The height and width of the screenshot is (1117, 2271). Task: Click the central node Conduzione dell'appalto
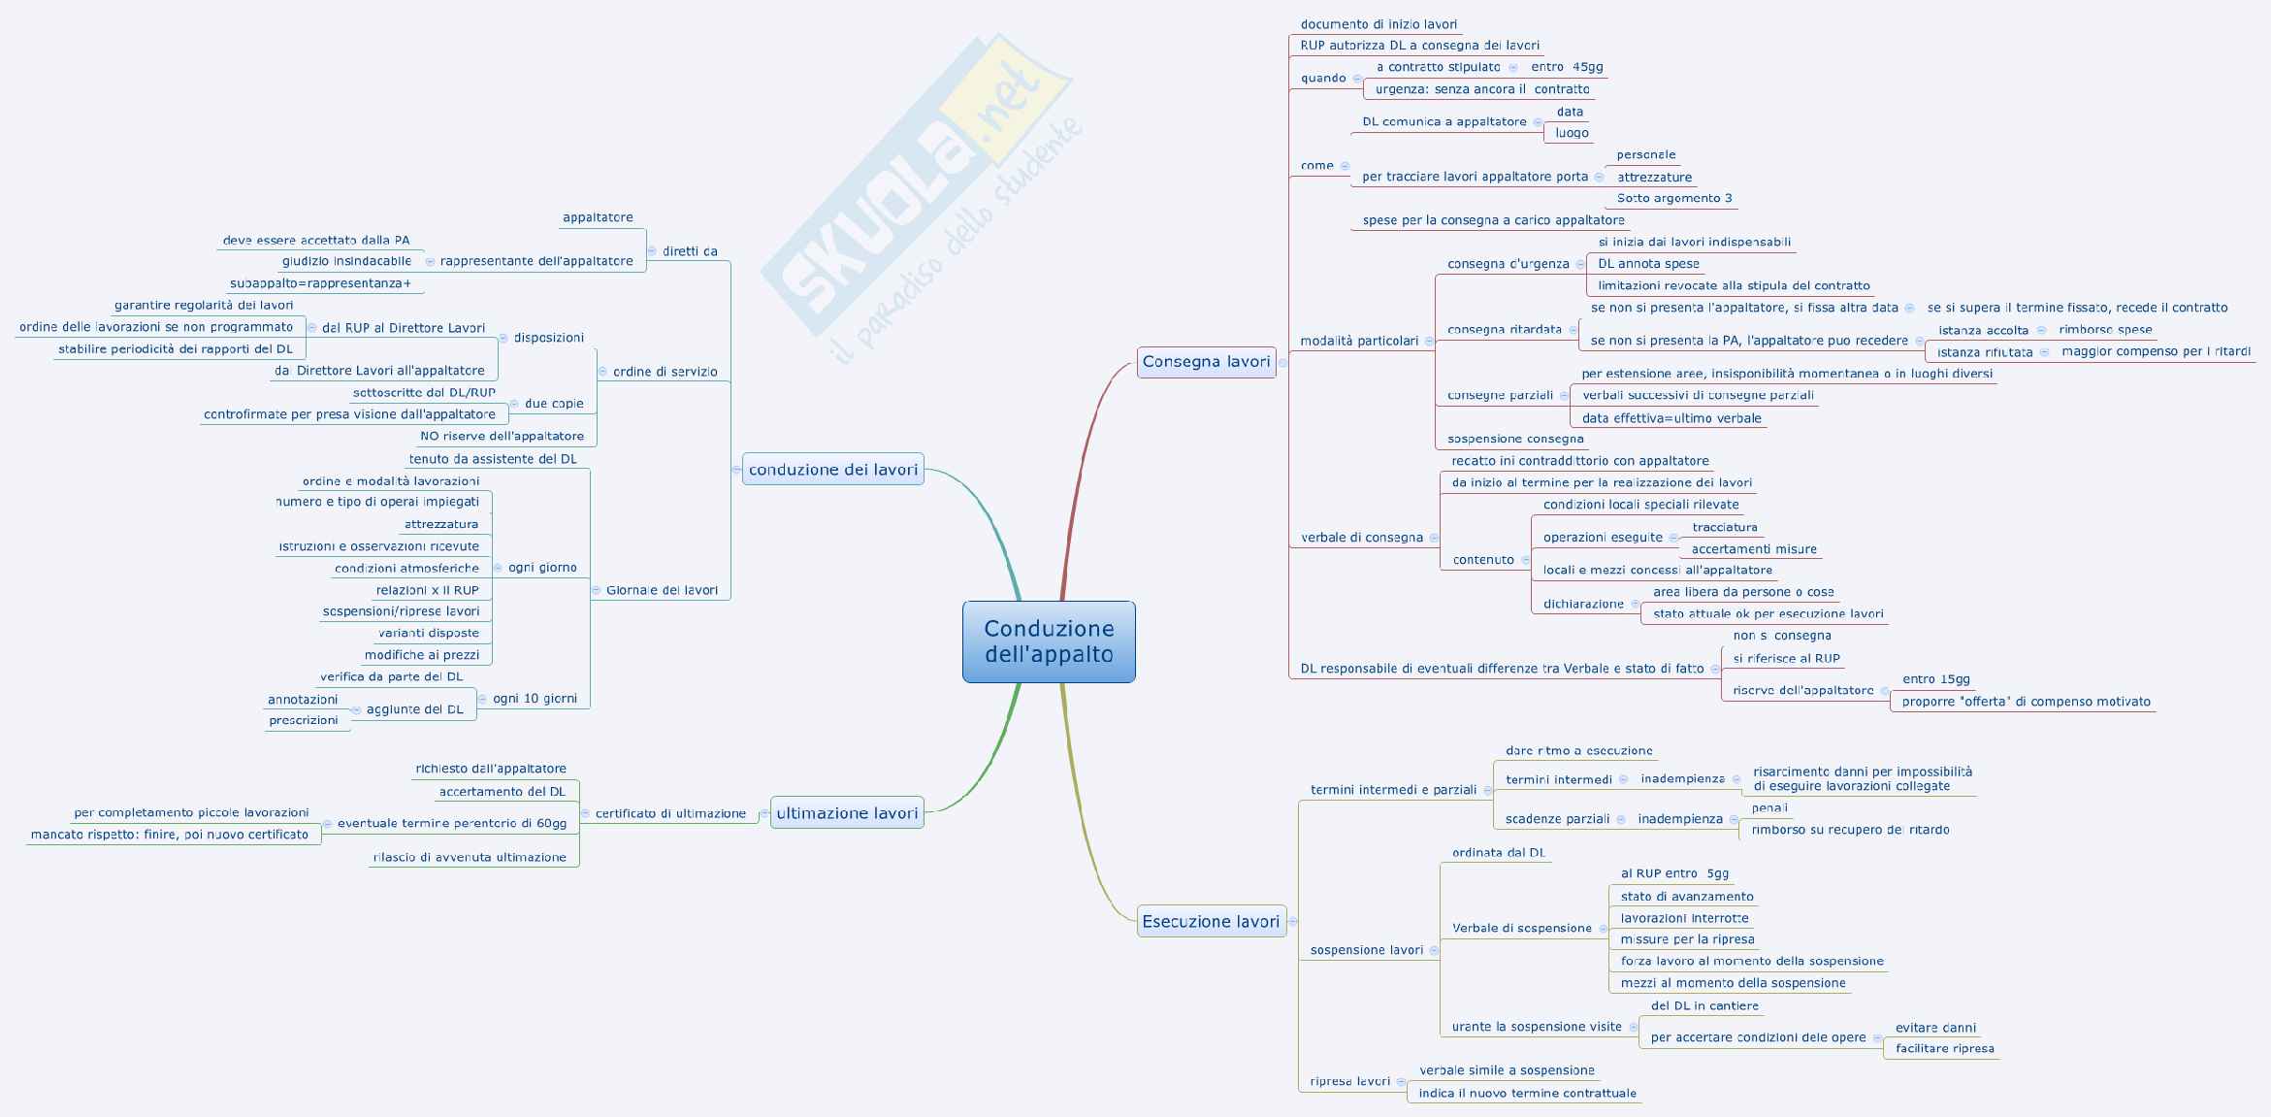[1049, 641]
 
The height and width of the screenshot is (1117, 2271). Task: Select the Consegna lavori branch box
[1206, 362]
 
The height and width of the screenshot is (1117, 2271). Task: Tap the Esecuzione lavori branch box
[1211, 922]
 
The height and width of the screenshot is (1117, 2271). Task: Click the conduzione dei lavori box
[832, 470]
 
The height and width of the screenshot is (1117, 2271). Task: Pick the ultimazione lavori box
[846, 813]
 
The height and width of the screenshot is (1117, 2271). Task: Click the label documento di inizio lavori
[1379, 24]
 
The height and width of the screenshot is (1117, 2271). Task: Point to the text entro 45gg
[1567, 67]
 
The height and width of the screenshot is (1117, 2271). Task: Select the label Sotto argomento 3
[1674, 198]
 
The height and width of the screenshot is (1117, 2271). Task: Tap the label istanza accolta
[1983, 330]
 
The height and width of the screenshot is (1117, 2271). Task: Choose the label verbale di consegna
[1361, 538]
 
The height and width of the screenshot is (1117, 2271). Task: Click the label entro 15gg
[1935, 679]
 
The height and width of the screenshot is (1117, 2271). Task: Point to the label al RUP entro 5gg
[1674, 873]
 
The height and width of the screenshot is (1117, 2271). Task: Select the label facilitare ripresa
[1944, 1048]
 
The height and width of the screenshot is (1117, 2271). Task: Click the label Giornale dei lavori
[662, 590]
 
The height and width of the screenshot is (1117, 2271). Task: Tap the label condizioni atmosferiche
[406, 568]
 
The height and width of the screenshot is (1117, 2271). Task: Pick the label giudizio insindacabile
[346, 261]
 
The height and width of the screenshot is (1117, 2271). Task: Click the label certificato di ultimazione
[670, 813]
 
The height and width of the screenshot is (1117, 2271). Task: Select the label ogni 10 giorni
[535, 699]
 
